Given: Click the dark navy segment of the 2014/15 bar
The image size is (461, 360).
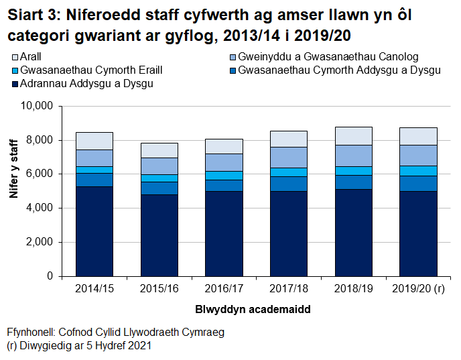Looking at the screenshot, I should (94, 231).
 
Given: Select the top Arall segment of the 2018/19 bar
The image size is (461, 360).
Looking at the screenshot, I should (354, 135).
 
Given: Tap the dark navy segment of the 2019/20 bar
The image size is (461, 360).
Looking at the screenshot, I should (418, 233).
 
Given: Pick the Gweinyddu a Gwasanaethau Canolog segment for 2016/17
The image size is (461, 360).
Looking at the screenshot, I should (224, 162).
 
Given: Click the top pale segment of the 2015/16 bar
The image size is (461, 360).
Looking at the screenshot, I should (159, 150).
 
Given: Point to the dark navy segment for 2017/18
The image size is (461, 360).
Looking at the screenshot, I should (289, 233).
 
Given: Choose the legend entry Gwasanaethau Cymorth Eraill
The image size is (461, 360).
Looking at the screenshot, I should (91, 70).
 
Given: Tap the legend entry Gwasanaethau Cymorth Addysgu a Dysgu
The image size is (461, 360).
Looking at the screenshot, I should (339, 70).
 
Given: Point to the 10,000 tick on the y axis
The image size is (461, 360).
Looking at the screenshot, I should (36, 106).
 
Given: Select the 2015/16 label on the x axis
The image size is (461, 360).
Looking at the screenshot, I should (159, 290).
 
